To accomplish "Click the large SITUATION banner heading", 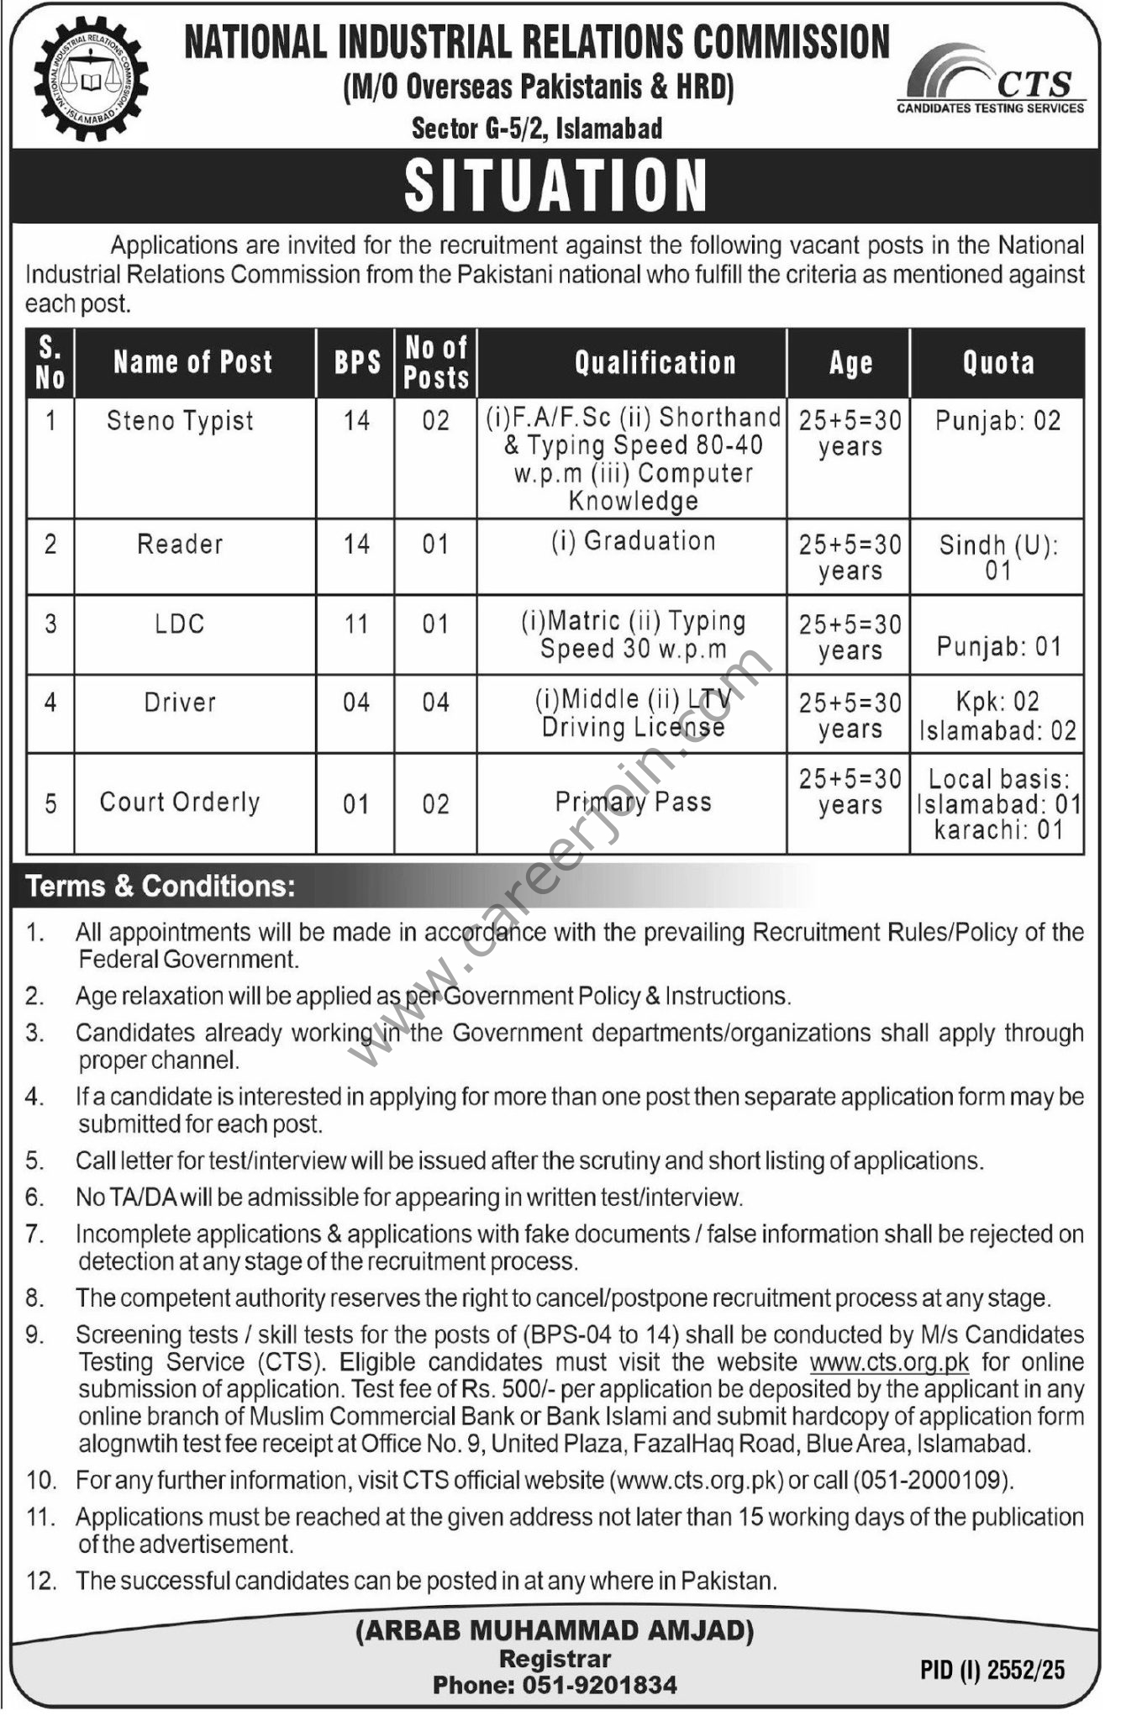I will click(555, 186).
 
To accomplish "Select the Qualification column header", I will click(655, 363).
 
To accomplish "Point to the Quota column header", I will click(997, 363).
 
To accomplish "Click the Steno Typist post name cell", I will click(180, 420).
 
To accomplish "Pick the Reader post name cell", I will click(180, 544).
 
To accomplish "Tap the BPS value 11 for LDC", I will click(356, 624).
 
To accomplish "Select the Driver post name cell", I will click(180, 702).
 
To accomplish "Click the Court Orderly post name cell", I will click(180, 802).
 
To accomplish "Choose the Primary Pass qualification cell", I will click(633, 802).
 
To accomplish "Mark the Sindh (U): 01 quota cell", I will click(997, 557).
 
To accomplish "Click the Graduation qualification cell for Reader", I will click(633, 541).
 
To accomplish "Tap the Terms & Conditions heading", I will click(161, 886).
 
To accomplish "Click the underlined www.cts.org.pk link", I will click(889, 1361).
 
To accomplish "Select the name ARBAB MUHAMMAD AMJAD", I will click(555, 1631).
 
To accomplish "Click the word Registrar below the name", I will click(555, 1658).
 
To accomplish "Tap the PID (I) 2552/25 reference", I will click(992, 1669).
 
